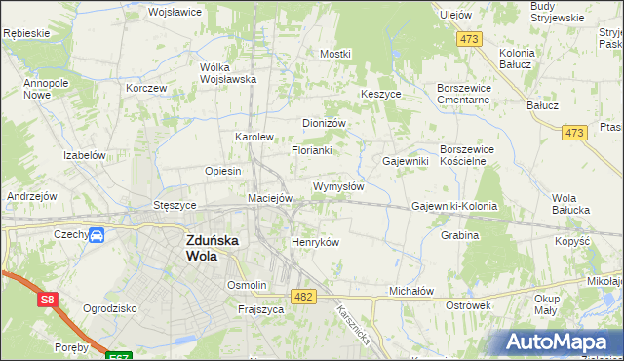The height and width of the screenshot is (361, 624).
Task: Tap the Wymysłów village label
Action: (x=338, y=186)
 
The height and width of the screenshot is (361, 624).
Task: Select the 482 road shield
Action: (x=303, y=295)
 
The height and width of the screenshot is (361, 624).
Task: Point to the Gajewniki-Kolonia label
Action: (x=454, y=207)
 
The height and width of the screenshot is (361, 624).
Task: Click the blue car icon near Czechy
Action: (x=97, y=235)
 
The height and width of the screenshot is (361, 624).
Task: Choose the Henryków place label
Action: (x=315, y=242)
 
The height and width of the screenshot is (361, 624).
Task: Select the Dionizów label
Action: (x=325, y=124)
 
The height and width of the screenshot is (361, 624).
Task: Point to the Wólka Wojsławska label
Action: (x=227, y=74)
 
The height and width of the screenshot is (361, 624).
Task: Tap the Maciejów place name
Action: (x=270, y=198)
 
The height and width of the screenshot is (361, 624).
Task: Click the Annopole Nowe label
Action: (x=43, y=90)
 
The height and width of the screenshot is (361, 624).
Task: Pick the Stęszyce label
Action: (x=175, y=206)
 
